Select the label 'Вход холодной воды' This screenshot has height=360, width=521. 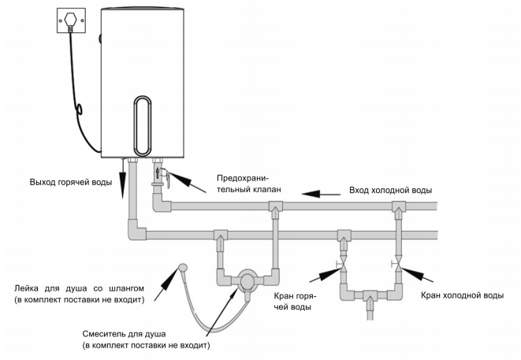[x=391, y=191]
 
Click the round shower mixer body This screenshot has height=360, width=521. [x=247, y=280]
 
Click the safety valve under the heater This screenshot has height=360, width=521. [x=161, y=174]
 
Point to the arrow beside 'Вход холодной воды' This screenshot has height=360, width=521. [x=323, y=191]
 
